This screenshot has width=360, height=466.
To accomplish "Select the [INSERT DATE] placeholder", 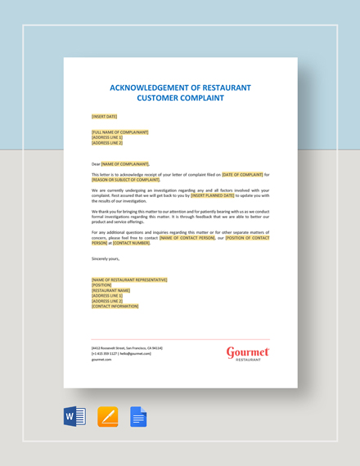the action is (x=104, y=116).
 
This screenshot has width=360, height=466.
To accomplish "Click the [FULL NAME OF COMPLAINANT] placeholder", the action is (x=120, y=132).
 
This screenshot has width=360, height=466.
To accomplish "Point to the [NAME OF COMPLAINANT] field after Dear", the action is (x=125, y=164).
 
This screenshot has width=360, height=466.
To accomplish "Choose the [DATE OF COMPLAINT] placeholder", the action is (x=242, y=174).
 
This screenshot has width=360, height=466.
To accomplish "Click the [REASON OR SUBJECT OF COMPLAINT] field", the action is (x=126, y=179).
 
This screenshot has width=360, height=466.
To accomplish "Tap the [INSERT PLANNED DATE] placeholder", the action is (x=213, y=195).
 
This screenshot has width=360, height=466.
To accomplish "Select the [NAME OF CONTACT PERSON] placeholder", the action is (x=187, y=237).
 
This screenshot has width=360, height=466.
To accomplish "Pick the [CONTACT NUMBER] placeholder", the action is (x=131, y=243).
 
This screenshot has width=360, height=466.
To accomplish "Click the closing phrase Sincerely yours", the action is (x=106, y=258).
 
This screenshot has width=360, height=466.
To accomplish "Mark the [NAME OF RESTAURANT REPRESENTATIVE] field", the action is (x=129, y=280).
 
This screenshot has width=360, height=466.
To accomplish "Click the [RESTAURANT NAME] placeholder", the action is (x=111, y=290).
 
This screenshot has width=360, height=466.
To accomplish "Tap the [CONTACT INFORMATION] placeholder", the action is (x=115, y=306).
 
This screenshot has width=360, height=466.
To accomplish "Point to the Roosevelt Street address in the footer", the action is (x=127, y=347).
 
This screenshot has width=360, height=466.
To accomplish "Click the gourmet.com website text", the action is (x=101, y=359).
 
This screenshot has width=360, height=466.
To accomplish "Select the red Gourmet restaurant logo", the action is (x=248, y=353).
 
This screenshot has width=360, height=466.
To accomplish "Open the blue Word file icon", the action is (x=74, y=416).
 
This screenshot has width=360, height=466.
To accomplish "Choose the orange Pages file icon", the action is (x=107, y=416).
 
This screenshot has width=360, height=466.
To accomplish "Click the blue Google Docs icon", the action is (x=138, y=416).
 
